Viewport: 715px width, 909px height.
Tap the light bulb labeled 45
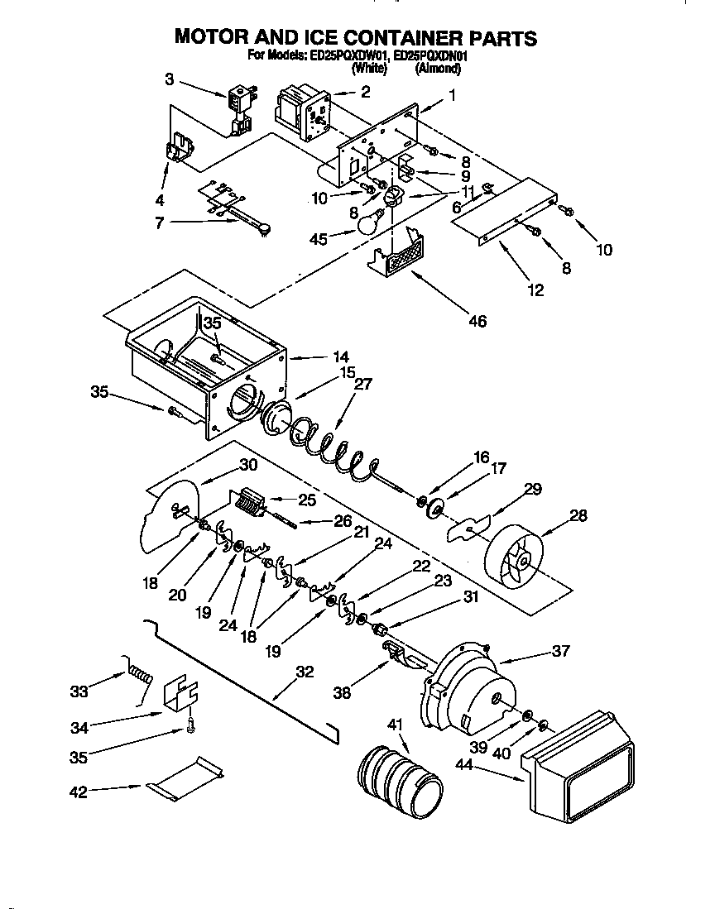[368, 222]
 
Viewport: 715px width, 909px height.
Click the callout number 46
[477, 321]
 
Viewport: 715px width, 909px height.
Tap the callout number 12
[535, 289]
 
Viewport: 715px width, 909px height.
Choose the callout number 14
[341, 356]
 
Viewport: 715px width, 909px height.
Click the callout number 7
[159, 222]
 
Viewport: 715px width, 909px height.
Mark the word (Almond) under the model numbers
[438, 69]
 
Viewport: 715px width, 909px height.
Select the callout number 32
[305, 672]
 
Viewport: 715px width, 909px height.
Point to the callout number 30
[248, 464]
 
